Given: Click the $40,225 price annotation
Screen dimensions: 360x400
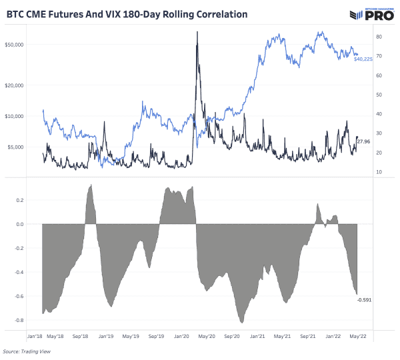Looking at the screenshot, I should pos(363,60).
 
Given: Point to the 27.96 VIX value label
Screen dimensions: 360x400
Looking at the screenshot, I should pos(364,142).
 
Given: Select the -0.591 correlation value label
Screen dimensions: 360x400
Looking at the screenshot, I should pos(364,300).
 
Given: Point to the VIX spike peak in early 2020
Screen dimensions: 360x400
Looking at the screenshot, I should pos(197,32).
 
